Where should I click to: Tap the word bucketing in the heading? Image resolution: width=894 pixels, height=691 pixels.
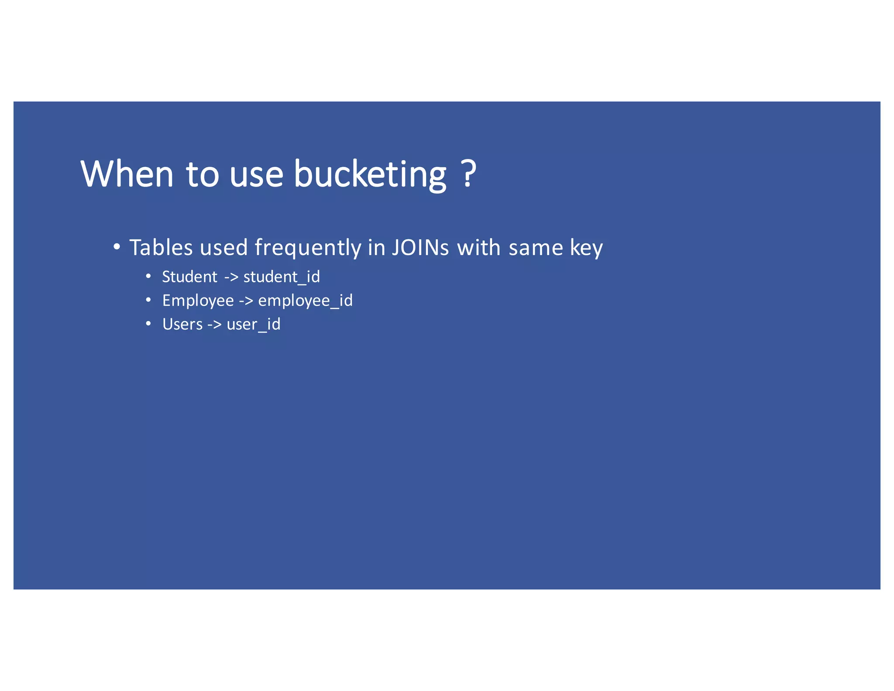click(x=370, y=175)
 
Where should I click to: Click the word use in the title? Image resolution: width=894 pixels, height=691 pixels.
click(x=256, y=175)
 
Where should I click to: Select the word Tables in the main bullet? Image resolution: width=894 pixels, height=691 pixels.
click(x=161, y=248)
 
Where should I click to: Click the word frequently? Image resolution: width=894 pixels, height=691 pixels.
click(x=308, y=249)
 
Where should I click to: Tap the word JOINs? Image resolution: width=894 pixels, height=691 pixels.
click(x=420, y=248)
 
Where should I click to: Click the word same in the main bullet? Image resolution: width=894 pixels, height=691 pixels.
click(x=536, y=248)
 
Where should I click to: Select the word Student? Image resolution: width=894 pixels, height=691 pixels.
click(x=189, y=277)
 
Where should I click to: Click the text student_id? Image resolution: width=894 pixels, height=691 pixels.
click(x=282, y=277)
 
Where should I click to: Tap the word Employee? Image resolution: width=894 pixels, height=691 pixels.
click(x=198, y=301)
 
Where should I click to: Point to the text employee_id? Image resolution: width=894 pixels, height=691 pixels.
click(x=305, y=301)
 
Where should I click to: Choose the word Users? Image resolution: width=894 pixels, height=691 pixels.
click(x=182, y=325)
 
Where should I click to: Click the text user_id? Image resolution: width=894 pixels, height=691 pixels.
click(x=253, y=325)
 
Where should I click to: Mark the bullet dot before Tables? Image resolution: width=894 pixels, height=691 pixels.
click(x=116, y=247)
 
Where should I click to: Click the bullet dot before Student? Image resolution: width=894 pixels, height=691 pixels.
click(x=148, y=276)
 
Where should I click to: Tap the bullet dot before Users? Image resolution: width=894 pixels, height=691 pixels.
click(x=148, y=324)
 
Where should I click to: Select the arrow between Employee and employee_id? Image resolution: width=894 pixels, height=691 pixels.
click(x=246, y=301)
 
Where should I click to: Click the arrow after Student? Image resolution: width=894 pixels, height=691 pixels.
click(x=231, y=277)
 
